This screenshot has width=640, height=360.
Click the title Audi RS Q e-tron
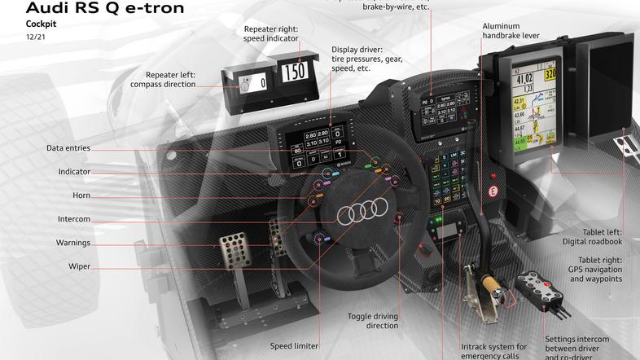pyautogui.click(x=94, y=10)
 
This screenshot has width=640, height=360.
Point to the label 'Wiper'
pyautogui.click(x=79, y=266)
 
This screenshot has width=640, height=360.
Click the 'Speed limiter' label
pyautogui.click(x=294, y=345)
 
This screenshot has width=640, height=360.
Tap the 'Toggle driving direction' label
pyautogui.click(x=373, y=320)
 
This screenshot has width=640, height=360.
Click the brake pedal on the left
pyautogui.click(x=235, y=252)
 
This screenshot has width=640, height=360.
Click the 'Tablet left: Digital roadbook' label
pyautogui.click(x=591, y=236)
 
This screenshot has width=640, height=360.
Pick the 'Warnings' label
pyautogui.click(x=73, y=243)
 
